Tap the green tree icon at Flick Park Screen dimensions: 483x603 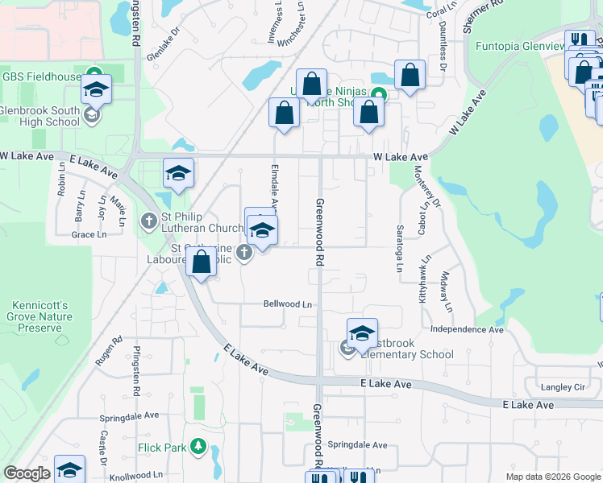pyautogui.click(x=196, y=447)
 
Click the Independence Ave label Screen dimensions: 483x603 pyautogui.click(x=467, y=329)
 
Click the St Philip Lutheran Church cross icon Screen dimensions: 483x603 pyautogui.click(x=149, y=221)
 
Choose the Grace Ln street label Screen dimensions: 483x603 pyautogui.click(x=89, y=235)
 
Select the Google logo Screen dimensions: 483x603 pyautogui.click(x=27, y=473)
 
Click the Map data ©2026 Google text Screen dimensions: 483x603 pyautogui.click(x=552, y=477)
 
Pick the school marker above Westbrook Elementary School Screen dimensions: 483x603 pyautogui.click(x=363, y=333)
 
